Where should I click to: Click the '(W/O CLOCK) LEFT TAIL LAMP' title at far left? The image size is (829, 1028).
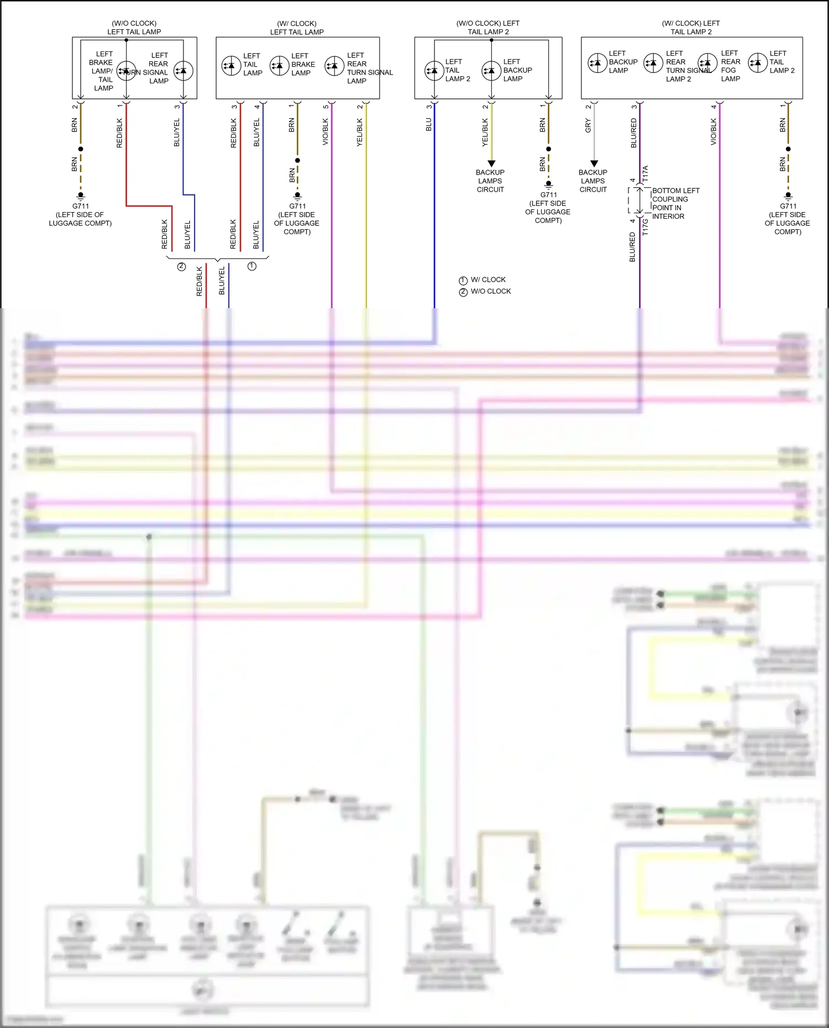point(134,28)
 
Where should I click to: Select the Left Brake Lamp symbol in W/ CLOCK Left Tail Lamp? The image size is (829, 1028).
point(280,66)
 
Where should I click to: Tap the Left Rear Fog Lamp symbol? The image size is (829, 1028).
point(707,63)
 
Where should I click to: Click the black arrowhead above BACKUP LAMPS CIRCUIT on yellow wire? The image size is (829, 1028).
point(491,164)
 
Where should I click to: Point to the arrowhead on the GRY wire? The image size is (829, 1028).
point(594,164)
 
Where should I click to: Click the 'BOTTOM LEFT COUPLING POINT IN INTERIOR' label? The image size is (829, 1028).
point(675,203)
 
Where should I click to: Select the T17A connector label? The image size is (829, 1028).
point(645,174)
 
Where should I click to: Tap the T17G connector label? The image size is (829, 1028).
point(645,227)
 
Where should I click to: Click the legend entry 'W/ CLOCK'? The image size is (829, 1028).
point(488,280)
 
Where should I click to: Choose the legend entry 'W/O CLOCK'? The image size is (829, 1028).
point(491,291)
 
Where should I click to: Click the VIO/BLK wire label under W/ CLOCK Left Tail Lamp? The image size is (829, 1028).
point(326,132)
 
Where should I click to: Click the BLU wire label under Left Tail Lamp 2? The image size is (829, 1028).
point(429,125)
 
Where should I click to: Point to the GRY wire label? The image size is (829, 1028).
point(588,126)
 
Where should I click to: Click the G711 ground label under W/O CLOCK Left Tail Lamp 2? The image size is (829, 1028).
point(548,194)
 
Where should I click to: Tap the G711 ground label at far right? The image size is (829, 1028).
point(788,206)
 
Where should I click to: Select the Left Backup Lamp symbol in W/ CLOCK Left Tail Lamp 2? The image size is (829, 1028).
point(597,63)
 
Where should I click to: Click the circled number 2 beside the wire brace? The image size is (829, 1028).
point(181,266)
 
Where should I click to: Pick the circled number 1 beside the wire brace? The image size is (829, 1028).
point(252,266)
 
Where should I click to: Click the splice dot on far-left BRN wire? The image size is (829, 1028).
point(81,149)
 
